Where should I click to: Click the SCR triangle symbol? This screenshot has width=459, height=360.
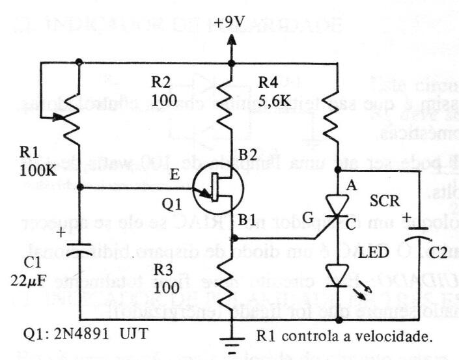tap(337, 207)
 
